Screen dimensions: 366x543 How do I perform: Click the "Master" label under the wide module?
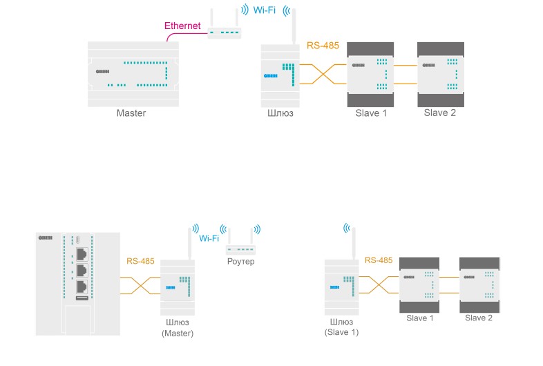[131, 113]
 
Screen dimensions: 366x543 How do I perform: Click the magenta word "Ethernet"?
[182, 26]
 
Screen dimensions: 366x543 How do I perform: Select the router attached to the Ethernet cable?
[225, 32]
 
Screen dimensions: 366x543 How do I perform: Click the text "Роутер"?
[240, 262]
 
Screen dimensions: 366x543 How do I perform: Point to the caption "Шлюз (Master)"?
[178, 327]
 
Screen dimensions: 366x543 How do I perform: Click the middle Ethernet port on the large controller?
[82, 270]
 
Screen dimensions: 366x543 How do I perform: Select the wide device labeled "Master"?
[132, 74]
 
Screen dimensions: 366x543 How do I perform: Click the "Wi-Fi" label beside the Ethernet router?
[265, 10]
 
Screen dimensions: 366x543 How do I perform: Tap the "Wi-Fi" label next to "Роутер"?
[209, 238]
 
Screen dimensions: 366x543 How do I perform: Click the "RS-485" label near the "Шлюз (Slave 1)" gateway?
[378, 261]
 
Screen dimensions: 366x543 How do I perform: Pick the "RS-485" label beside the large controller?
[141, 262]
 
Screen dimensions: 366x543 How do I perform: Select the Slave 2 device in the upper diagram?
[439, 73]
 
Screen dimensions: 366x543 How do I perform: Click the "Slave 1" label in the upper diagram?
[371, 113]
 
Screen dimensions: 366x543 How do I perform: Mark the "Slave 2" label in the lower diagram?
[479, 318]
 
